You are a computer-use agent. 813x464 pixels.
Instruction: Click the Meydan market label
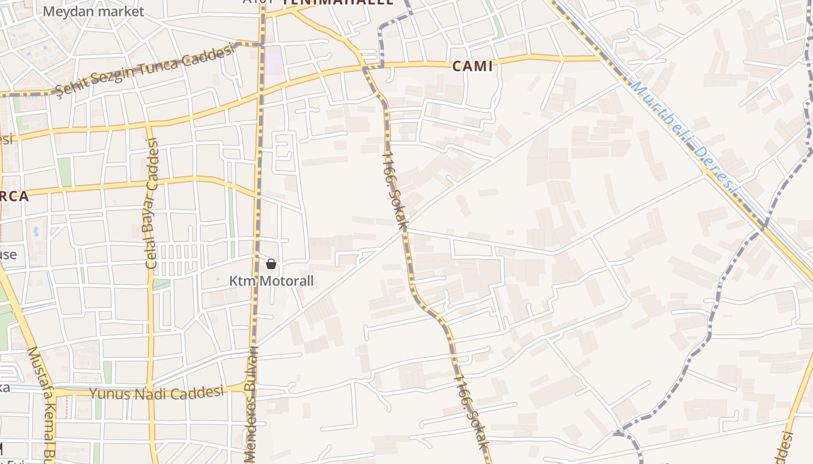93,11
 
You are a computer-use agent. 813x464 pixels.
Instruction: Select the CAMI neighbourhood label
473,66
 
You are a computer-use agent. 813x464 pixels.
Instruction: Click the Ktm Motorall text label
271,281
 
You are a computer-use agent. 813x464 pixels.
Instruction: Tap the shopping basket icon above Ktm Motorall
271,264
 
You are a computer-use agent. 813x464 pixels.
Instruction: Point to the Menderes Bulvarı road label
251,406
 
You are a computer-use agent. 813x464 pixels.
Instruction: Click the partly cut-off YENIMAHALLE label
337,2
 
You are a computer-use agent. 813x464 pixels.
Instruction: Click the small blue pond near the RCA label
36,231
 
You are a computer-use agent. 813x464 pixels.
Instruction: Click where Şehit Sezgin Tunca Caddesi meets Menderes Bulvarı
262,44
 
